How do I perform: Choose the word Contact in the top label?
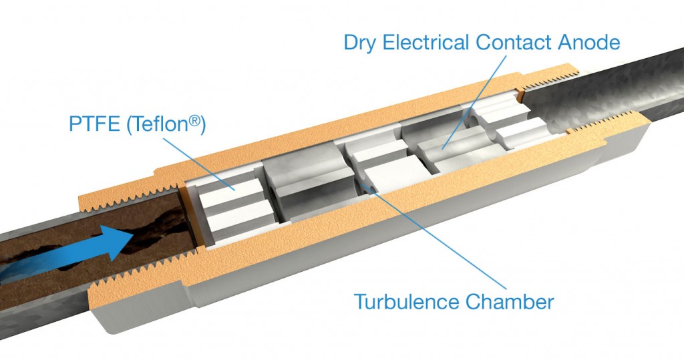pos(514,42)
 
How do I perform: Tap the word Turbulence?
pos(407,301)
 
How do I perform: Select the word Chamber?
pos(510,301)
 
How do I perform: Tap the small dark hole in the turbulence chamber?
pos(371,188)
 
